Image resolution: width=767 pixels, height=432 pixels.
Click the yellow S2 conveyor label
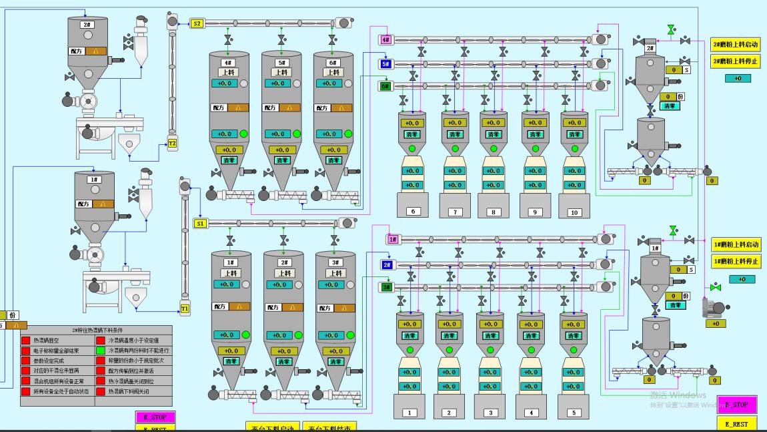197,23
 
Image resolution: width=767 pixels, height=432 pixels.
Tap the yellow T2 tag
172,144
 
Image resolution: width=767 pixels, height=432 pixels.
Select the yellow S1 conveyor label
200,223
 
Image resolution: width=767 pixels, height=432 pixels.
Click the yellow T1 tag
185,309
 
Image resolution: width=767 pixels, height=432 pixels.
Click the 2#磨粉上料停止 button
736,61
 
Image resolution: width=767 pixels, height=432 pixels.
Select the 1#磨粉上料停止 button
736,261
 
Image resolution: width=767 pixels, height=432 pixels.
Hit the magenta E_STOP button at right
736,405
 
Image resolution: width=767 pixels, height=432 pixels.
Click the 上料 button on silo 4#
229,73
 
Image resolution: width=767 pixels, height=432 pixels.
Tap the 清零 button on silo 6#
333,160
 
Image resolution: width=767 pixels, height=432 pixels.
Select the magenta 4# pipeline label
386,40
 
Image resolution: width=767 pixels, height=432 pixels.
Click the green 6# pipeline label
386,85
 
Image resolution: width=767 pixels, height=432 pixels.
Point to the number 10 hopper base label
574,212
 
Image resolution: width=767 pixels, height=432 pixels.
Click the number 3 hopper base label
491,413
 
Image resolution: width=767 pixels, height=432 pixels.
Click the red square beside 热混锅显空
26,340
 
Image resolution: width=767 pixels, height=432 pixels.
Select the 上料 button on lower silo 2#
285,273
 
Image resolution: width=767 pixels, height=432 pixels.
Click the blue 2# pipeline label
386,265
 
